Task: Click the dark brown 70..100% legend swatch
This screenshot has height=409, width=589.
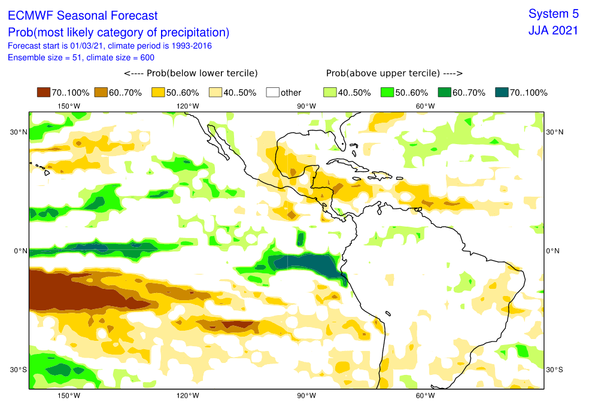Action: pyautogui.click(x=44, y=92)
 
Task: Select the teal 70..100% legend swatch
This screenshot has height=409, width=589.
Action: pyautogui.click(x=502, y=92)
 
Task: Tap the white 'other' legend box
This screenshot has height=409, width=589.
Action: pyautogui.click(x=273, y=92)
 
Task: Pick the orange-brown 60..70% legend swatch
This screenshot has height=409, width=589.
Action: pyautogui.click(x=101, y=92)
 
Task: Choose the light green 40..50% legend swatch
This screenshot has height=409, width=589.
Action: pyautogui.click(x=330, y=92)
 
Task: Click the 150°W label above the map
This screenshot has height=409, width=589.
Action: pyautogui.click(x=69, y=106)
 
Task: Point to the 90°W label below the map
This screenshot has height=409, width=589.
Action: pyautogui.click(x=306, y=395)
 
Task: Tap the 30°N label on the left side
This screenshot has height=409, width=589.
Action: pyautogui.click(x=19, y=132)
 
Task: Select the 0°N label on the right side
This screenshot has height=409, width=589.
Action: pyautogui.click(x=552, y=251)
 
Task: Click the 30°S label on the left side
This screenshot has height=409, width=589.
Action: pyautogui.click(x=19, y=370)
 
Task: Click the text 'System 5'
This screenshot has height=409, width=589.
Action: pyautogui.click(x=553, y=14)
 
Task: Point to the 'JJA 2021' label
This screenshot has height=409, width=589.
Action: pyautogui.click(x=553, y=30)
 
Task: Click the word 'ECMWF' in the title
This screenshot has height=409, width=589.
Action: pyautogui.click(x=31, y=16)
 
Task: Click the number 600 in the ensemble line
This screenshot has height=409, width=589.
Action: pyautogui.click(x=147, y=57)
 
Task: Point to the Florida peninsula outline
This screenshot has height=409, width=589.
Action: pyautogui.click(x=341, y=135)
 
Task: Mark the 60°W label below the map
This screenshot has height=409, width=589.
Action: pyautogui.click(x=425, y=395)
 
